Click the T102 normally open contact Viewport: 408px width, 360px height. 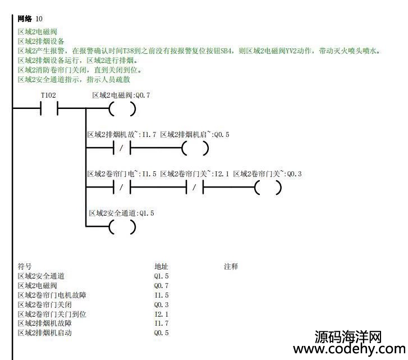point(49,108)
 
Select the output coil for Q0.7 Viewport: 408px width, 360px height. point(122,109)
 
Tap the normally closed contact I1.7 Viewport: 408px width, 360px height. point(122,148)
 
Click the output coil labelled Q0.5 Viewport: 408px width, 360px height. point(195,148)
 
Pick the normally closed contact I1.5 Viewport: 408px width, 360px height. point(122,188)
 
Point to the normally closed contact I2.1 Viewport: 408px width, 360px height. point(195,188)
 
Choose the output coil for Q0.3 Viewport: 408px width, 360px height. point(268,188)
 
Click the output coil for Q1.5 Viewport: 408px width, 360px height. point(122,227)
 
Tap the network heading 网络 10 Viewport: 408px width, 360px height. point(30,19)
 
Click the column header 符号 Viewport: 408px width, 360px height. point(25,266)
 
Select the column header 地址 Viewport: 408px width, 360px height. point(161,266)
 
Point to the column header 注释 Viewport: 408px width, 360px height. point(231,266)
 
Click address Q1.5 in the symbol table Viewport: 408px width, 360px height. point(161,276)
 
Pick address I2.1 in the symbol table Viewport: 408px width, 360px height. point(161,314)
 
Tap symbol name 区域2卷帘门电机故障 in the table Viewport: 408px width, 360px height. point(52,295)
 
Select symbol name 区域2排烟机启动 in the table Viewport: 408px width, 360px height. point(45,332)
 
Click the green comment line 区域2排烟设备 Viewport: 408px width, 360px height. point(41,41)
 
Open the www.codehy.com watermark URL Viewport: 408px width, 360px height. point(349,349)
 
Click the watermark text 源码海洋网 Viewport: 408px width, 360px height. point(348,336)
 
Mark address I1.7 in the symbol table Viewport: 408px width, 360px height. point(161,323)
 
